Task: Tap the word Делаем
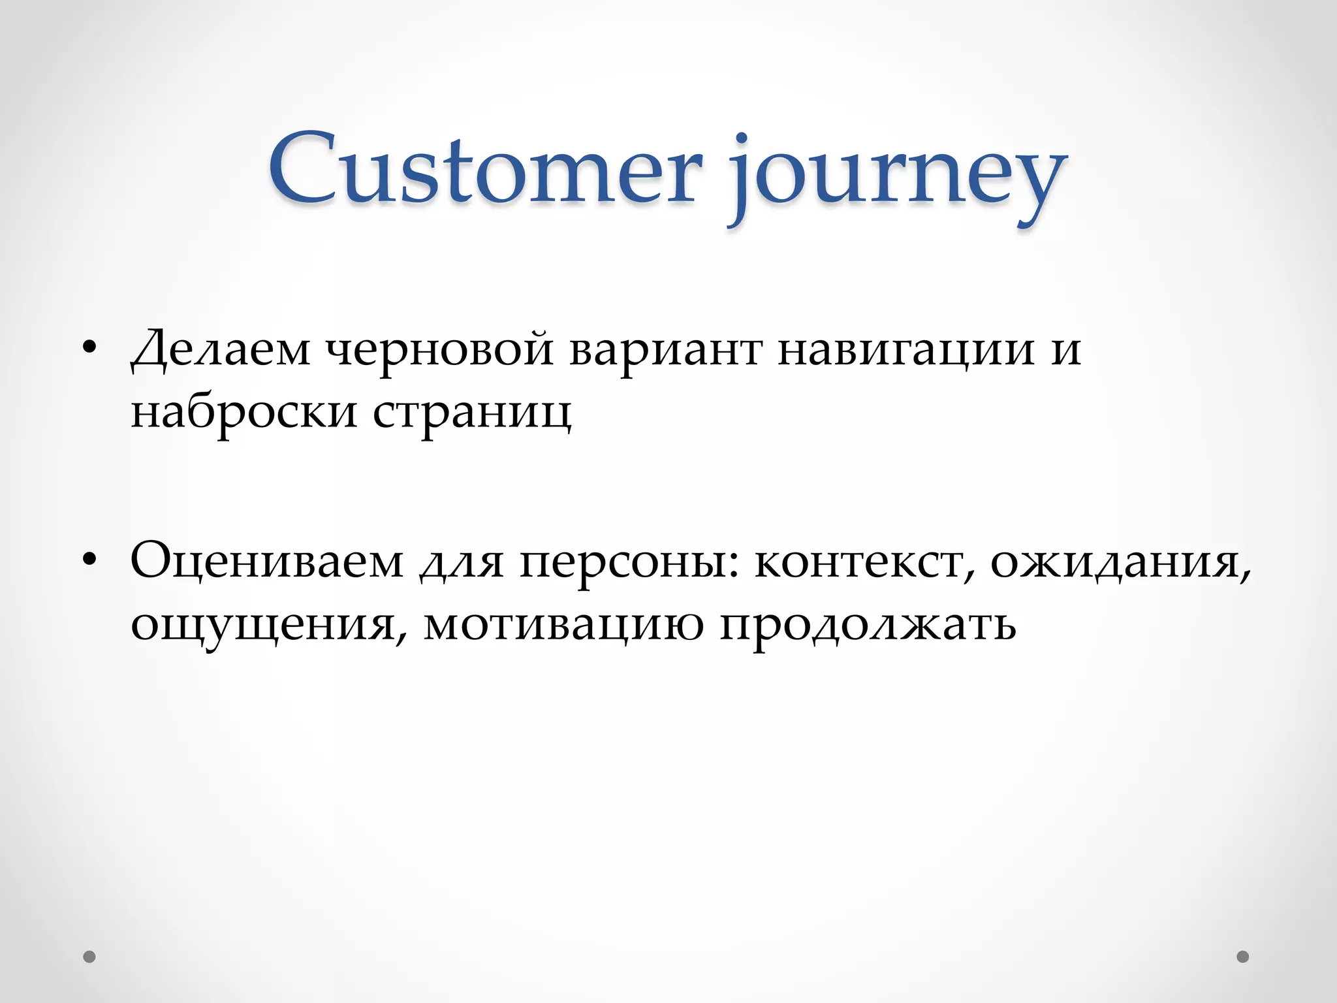(x=221, y=350)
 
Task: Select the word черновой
(x=439, y=350)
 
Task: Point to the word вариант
(x=665, y=350)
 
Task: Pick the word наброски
(x=244, y=411)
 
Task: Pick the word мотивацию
(x=563, y=624)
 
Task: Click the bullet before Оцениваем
(x=89, y=559)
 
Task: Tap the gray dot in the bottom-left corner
(x=89, y=957)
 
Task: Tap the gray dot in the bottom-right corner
(x=1243, y=957)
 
